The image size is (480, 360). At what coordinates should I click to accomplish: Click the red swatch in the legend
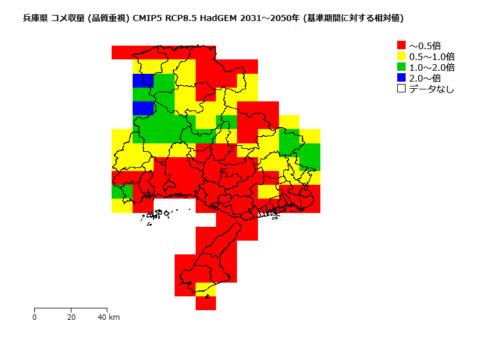coord(401,45)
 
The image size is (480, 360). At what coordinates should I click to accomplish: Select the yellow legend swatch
coord(401,56)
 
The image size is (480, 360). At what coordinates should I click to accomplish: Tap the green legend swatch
coord(401,67)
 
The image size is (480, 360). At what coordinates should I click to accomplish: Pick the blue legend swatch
coord(401,77)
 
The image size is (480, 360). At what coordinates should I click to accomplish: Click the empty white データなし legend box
coord(401,88)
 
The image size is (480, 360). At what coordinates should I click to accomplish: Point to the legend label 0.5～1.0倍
coord(431,56)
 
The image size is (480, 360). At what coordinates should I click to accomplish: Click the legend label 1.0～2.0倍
coord(431,67)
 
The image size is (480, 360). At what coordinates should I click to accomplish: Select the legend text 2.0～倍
coord(425,77)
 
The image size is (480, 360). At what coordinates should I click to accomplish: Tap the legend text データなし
coord(431,89)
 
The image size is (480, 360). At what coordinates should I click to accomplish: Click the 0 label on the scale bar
coord(35,317)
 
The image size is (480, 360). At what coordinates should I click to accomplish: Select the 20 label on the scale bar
coord(71,317)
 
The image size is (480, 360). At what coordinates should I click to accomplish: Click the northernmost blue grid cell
coord(143,80)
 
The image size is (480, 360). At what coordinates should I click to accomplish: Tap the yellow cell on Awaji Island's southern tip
coord(206,289)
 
